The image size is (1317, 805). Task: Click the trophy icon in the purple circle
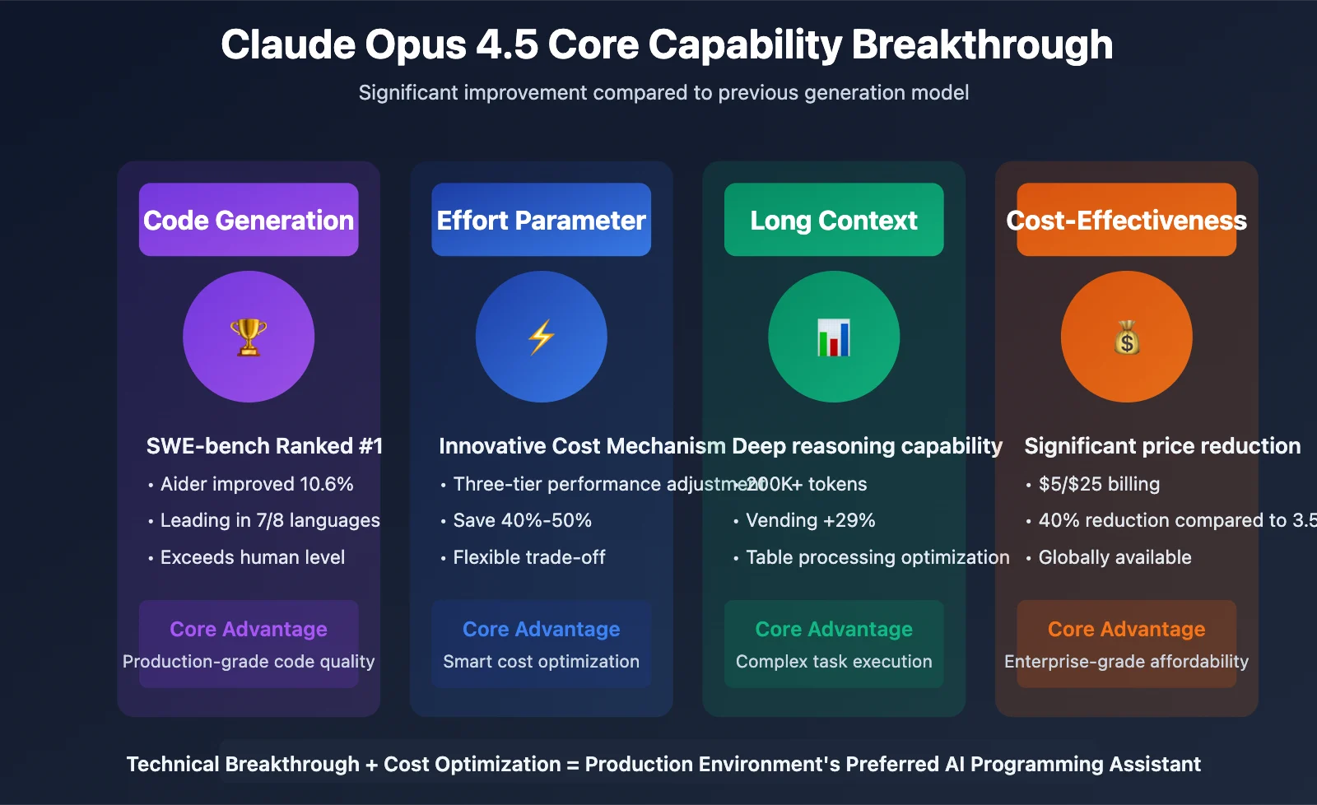tap(249, 337)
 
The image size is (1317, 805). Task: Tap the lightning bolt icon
tap(541, 337)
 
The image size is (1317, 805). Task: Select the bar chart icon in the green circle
tap(834, 337)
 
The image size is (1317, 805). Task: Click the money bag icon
tap(1127, 337)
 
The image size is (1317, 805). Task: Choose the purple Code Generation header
tap(249, 220)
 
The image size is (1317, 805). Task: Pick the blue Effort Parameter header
tap(541, 220)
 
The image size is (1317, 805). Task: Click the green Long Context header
tap(834, 220)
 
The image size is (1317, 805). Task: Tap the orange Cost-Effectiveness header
tap(1127, 220)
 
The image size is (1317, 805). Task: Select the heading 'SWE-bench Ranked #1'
tap(264, 446)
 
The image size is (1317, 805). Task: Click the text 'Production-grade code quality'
tap(249, 662)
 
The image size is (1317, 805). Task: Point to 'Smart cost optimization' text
tap(541, 662)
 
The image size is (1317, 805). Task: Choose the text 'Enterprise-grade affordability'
tap(1127, 662)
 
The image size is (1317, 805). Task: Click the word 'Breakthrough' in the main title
tap(982, 45)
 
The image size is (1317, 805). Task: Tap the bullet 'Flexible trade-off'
tap(528, 557)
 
